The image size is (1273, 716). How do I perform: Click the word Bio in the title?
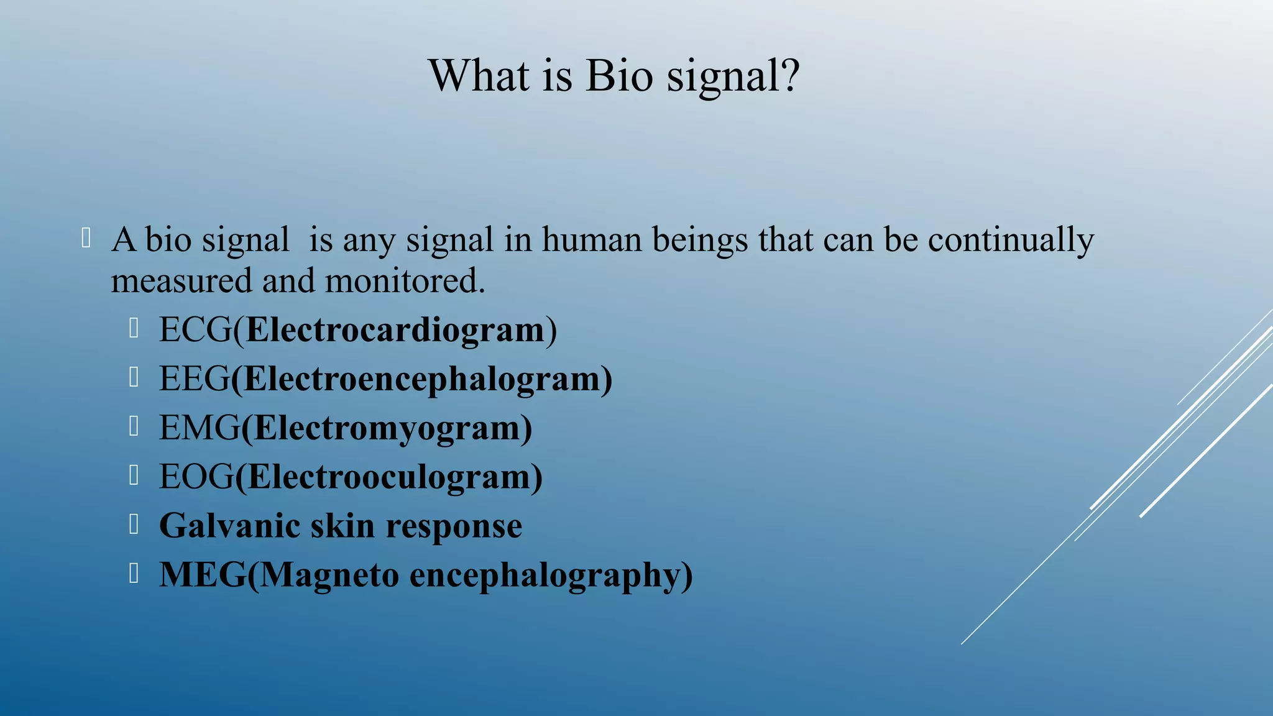pyautogui.click(x=618, y=76)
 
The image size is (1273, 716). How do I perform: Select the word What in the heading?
pyautogui.click(x=479, y=76)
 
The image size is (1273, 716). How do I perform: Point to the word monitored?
pyautogui.click(x=404, y=281)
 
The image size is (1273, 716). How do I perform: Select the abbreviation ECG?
pyautogui.click(x=195, y=329)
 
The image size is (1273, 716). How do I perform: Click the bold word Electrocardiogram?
pyautogui.click(x=395, y=330)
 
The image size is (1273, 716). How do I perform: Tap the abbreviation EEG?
pyautogui.click(x=194, y=379)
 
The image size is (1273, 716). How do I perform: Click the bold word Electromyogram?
pyautogui.click(x=386, y=428)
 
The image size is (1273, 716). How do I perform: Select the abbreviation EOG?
pyautogui.click(x=196, y=477)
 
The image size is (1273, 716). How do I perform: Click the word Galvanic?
pyautogui.click(x=229, y=526)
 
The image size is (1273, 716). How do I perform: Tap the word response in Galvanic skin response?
pyautogui.click(x=454, y=527)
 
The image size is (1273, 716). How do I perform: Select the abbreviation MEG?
pyautogui.click(x=203, y=575)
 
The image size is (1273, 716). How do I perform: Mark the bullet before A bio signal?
pyautogui.click(x=86, y=239)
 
